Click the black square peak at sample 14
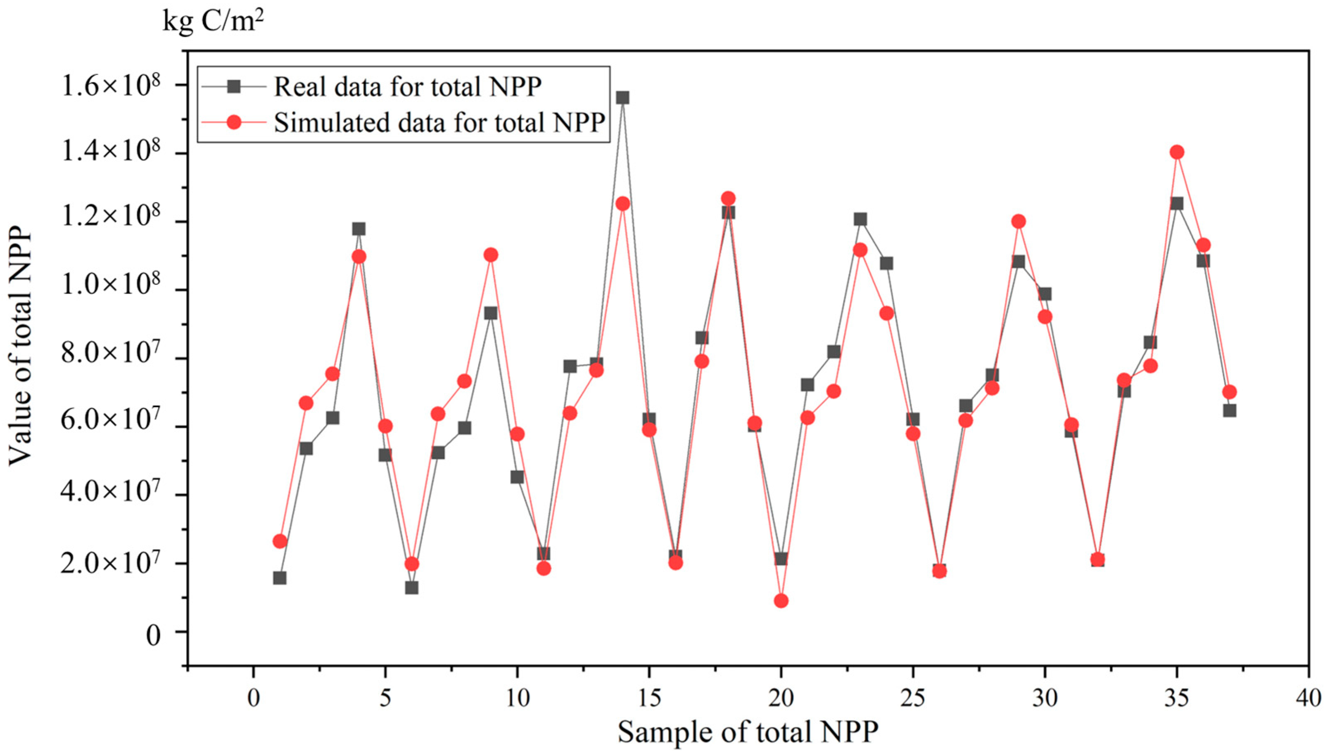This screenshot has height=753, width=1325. [x=623, y=98]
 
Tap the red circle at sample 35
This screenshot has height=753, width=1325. [x=1177, y=152]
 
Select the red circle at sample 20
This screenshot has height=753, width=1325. [x=781, y=600]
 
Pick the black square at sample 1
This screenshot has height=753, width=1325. [x=280, y=578]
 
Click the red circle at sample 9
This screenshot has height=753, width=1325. [x=491, y=255]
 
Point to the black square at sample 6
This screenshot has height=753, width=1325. [x=412, y=588]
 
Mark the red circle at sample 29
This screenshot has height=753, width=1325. [x=1019, y=222]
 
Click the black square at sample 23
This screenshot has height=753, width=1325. [x=860, y=219]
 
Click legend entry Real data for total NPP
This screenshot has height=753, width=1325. [x=407, y=87]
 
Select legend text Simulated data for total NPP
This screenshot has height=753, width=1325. [x=439, y=123]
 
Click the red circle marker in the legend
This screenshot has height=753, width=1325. [x=234, y=123]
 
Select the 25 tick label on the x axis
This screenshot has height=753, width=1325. [x=913, y=698]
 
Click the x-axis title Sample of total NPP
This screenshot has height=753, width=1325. [x=748, y=732]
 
